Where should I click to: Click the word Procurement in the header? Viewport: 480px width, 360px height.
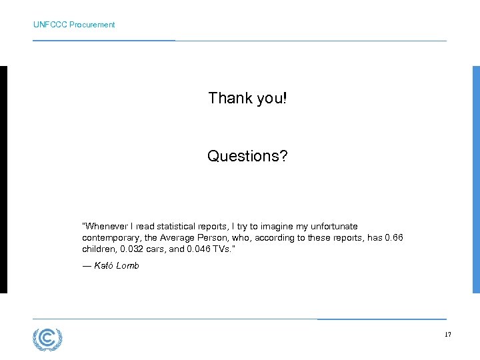point(92,25)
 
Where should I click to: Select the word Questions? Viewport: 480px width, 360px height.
point(247,156)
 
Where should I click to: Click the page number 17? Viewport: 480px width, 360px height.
point(447,335)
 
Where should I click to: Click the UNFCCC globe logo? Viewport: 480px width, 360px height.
point(47,339)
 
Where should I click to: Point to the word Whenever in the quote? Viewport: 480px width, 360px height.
point(103,227)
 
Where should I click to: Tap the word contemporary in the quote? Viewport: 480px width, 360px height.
point(111,238)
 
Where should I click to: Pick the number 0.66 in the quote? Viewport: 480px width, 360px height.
point(393,238)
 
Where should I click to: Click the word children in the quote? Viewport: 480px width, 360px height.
point(98,249)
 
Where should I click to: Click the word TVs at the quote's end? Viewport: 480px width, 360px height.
point(224,249)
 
